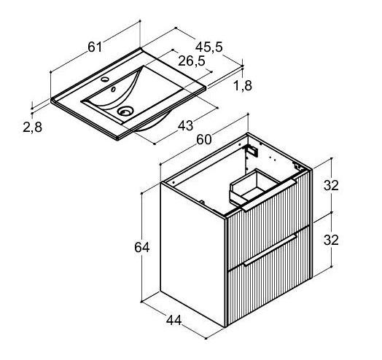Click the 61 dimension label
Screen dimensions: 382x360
tap(95, 47)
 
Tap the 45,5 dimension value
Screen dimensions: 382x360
tap(209, 47)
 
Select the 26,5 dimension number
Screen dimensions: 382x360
tap(192, 61)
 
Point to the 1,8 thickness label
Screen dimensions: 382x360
tap(243, 85)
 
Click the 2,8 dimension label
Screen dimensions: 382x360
tap(32, 127)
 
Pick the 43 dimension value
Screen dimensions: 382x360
tap(185, 125)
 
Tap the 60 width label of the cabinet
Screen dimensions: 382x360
tap(204, 140)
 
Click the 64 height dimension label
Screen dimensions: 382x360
tap(141, 248)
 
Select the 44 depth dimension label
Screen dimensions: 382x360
tap(174, 320)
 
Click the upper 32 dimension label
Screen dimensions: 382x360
tap(331, 185)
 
